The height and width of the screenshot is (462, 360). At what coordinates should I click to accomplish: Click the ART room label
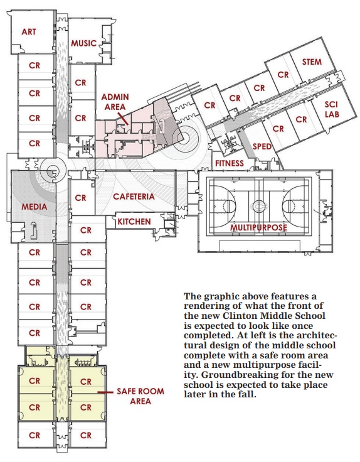click(28, 31)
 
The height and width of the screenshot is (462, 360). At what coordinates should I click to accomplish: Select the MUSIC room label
click(84, 43)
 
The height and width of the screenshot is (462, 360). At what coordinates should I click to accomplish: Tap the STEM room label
click(312, 62)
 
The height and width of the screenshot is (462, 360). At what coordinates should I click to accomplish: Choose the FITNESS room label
click(229, 163)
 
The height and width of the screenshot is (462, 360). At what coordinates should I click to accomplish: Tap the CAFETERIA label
click(134, 196)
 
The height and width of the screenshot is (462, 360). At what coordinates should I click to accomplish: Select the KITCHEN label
click(134, 221)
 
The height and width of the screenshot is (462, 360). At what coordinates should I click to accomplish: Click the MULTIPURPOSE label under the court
click(258, 227)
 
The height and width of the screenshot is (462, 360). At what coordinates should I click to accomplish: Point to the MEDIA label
click(34, 206)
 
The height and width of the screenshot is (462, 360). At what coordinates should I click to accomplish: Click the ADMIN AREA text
click(115, 102)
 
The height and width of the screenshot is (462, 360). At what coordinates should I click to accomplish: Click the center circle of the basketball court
click(258, 204)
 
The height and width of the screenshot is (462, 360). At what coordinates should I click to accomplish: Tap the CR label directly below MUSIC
click(80, 82)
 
